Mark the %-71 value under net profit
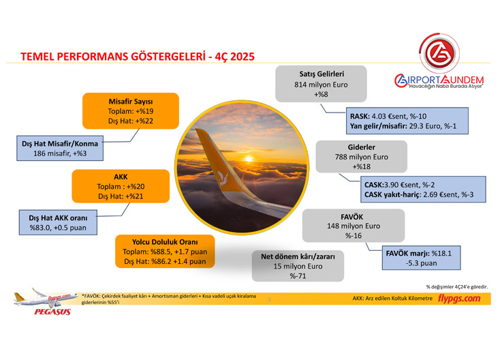296,277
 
